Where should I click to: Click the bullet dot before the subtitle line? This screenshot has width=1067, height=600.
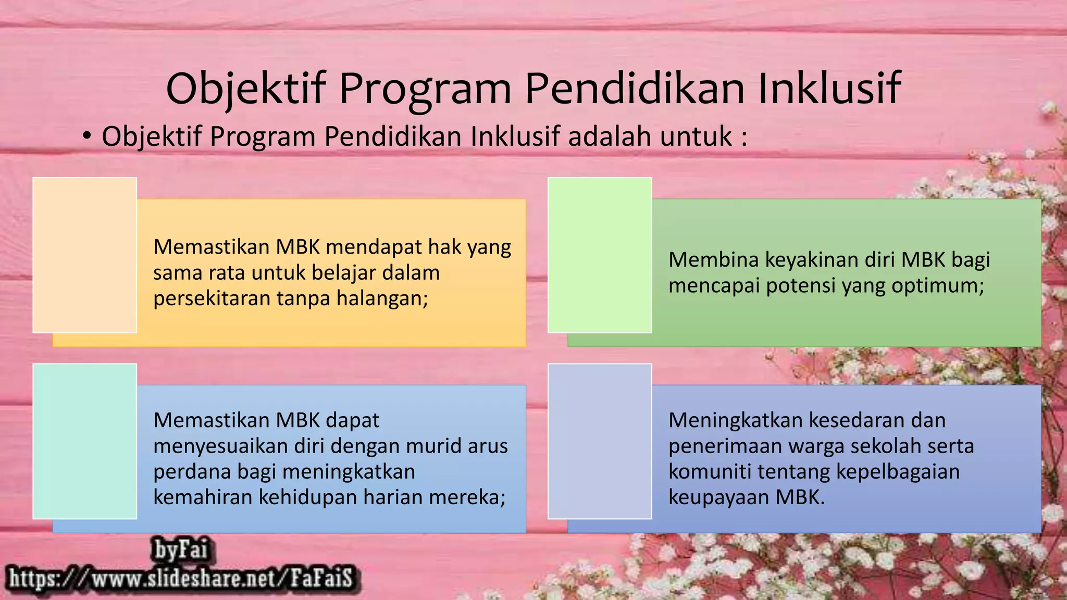[87, 136]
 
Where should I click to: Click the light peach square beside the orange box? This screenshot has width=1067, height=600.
[85, 255]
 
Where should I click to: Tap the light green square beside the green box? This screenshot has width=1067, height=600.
[600, 255]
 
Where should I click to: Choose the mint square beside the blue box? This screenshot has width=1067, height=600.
[85, 441]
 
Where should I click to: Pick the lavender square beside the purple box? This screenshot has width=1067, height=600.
[600, 441]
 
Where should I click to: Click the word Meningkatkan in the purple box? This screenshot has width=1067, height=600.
[735, 420]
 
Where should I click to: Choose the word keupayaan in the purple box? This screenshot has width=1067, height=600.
[718, 497]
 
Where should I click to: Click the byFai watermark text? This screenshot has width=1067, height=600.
[180, 550]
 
